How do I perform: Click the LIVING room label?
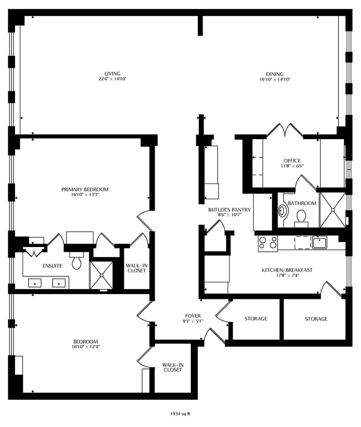112,74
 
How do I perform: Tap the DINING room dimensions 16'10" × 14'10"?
274,79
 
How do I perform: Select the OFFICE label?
292,161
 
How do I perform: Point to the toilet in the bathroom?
301,217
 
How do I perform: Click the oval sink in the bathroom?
283,211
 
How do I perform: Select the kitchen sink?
319,242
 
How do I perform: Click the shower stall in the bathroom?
332,210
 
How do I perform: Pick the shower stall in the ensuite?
102,274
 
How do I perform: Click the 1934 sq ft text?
180,414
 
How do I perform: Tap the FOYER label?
193,316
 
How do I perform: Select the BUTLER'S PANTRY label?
230,210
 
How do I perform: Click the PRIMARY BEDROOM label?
85,189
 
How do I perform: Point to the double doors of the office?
285,131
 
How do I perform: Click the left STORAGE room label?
256,319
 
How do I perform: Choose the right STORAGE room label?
316,319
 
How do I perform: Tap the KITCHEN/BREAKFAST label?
287,270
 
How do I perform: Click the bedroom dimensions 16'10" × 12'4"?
85,347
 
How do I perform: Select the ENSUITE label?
52,266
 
